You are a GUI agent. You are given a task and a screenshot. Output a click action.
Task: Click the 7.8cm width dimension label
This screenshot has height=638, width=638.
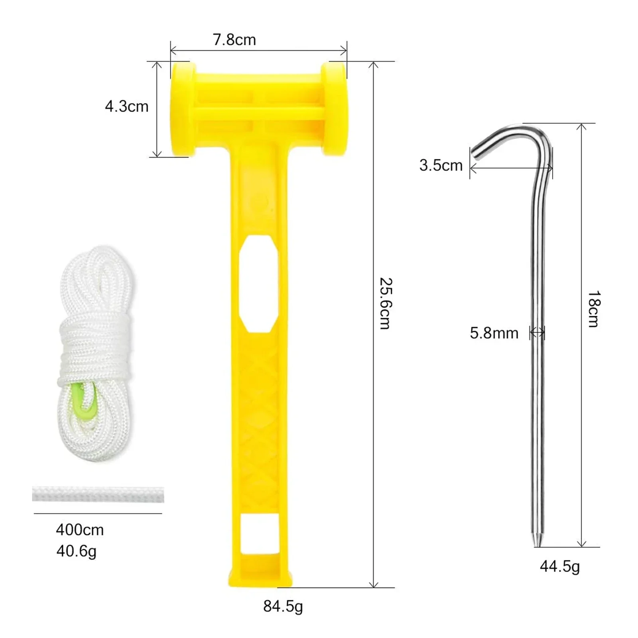[x=234, y=40]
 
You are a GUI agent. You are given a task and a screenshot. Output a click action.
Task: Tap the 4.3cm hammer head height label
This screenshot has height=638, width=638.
[x=127, y=106]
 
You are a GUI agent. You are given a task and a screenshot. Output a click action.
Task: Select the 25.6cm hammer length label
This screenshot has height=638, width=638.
[x=386, y=303]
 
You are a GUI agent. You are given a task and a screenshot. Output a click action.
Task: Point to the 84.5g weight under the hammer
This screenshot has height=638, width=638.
[x=283, y=607]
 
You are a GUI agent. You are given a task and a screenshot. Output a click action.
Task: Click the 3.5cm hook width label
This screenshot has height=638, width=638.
[x=441, y=165]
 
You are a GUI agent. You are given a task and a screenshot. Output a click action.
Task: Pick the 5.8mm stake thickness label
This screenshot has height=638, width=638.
[x=494, y=333]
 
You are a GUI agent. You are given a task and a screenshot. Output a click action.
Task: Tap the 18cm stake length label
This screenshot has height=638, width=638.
[x=594, y=309]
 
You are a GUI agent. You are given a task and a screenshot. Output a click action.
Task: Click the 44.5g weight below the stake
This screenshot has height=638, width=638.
[x=560, y=567]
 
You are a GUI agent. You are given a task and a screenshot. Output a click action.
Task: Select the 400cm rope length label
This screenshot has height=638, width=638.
[x=80, y=530]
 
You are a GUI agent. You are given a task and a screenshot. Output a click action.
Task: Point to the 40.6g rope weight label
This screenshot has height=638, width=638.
[x=76, y=551]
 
